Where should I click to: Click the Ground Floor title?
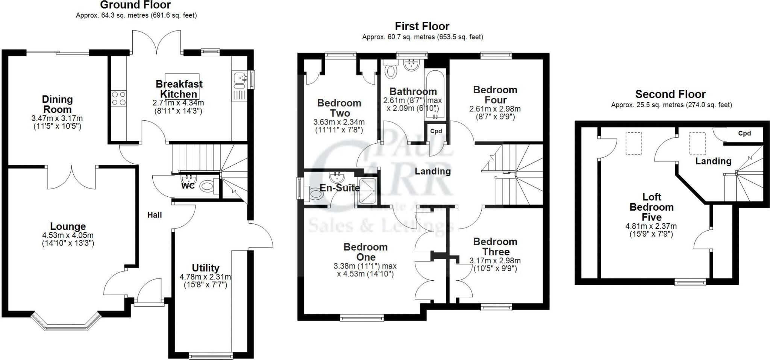pyautogui.click(x=135, y=5)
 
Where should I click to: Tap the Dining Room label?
pyautogui.click(x=57, y=104)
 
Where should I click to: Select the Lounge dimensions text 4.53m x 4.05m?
pyautogui.click(x=68, y=235)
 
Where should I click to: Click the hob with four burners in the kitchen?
pyautogui.click(x=118, y=98)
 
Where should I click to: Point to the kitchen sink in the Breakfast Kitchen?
pyautogui.click(x=239, y=79)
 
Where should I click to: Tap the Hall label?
pyautogui.click(x=155, y=215)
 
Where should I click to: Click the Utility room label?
pyautogui.click(x=205, y=268)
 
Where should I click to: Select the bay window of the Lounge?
pyautogui.click(x=66, y=322)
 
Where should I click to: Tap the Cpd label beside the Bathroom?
pyautogui.click(x=436, y=131)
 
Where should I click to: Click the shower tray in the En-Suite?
pyautogui.click(x=367, y=191)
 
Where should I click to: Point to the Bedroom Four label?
pyautogui.click(x=495, y=95)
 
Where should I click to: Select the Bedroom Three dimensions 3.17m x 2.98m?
pyautogui.click(x=495, y=261)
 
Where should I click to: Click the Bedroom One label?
pyautogui.click(x=365, y=252)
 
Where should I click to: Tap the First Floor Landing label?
pyautogui.click(x=432, y=172)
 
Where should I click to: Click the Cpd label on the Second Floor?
pyautogui.click(x=744, y=134)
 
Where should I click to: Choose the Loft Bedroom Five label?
pyautogui.click(x=652, y=207)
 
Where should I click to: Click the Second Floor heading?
pyautogui.click(x=670, y=94)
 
